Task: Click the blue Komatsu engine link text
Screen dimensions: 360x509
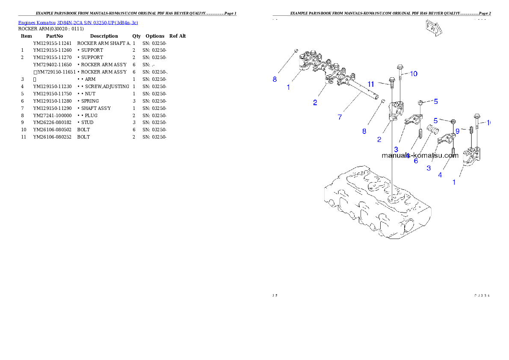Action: coord(77,23)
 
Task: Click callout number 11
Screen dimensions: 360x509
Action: coord(371,84)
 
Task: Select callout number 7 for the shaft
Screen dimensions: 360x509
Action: coord(340,117)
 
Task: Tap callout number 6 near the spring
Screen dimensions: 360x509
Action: coord(416,161)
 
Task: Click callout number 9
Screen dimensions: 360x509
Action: coord(457,131)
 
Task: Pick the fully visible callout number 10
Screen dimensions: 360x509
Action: coord(413,74)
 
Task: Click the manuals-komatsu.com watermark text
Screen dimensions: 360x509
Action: coord(420,156)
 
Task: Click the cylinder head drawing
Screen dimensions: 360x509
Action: coord(376,203)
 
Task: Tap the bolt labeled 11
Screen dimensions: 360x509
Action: coord(391,83)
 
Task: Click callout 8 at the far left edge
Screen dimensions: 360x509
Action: coord(275,79)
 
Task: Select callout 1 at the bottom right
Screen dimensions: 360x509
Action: coord(454,182)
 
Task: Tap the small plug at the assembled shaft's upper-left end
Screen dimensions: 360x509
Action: coord(296,51)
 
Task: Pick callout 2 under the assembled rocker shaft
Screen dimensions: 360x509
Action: coord(315,102)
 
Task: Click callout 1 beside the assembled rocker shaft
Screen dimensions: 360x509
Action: coord(288,87)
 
